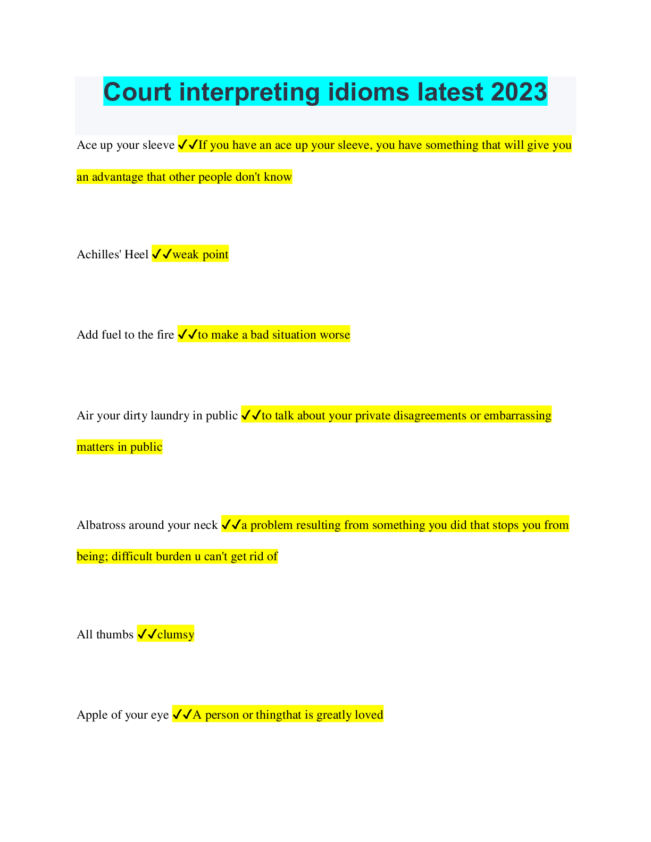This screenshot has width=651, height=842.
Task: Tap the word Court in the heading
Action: (x=137, y=92)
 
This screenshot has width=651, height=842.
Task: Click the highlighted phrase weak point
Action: (x=201, y=255)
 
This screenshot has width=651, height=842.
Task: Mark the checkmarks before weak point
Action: (x=162, y=254)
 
